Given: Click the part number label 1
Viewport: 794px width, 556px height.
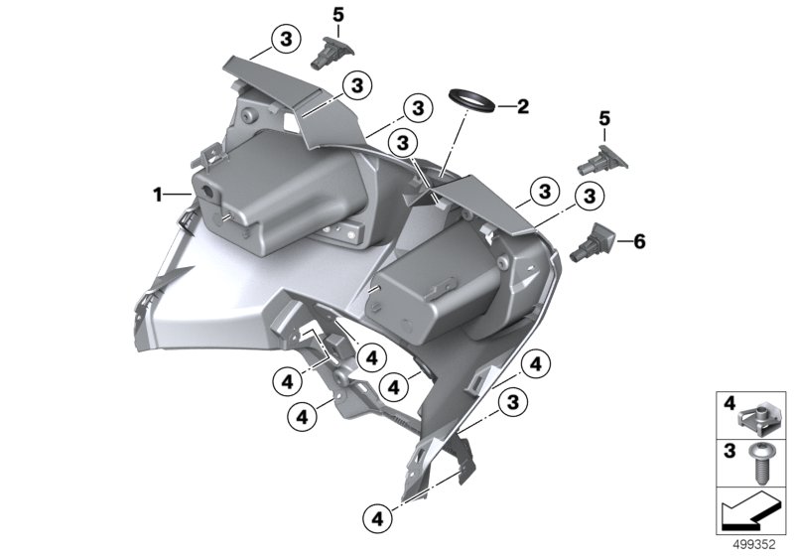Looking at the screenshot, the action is [x=158, y=195].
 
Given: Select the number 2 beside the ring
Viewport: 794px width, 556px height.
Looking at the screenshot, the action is [x=523, y=106].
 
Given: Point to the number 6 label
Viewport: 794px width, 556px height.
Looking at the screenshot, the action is [x=639, y=241].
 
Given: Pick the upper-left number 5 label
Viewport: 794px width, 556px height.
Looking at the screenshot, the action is [x=337, y=15].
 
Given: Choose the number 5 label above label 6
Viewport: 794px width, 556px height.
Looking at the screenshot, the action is [x=604, y=119].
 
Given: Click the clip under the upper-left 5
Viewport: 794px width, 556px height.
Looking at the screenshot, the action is [x=331, y=53].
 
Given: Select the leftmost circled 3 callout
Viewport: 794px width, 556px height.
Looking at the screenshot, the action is [x=286, y=39].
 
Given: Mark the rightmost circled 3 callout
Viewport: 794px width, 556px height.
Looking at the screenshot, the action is [x=590, y=197].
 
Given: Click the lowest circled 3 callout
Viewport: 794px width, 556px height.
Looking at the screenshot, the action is [x=513, y=402].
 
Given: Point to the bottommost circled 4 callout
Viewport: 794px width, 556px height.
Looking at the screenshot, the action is [x=378, y=518].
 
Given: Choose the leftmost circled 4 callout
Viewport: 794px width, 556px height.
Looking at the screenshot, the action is [x=287, y=382].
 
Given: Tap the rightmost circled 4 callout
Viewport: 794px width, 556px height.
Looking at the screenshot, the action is [x=536, y=363].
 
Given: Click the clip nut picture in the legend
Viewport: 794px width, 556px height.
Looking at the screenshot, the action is [x=756, y=415].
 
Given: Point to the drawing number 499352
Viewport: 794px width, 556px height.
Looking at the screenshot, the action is [x=754, y=545].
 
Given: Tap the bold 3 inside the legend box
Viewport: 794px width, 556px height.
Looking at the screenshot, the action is [x=729, y=450].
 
